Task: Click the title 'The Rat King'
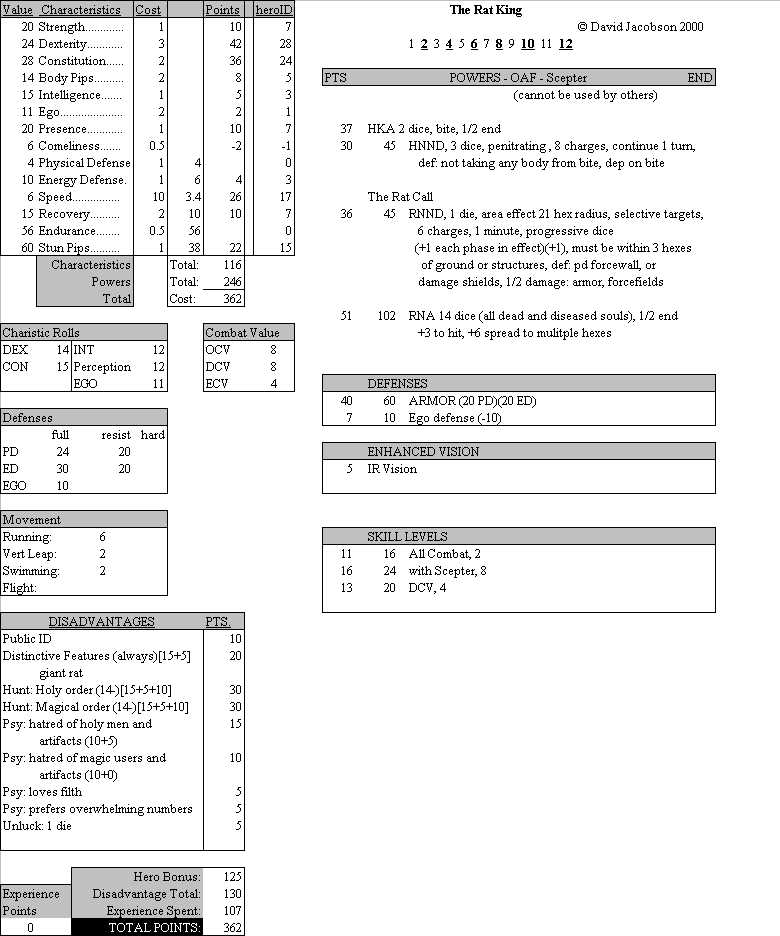(485, 10)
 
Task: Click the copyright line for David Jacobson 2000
(640, 27)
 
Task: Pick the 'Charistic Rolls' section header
(41, 333)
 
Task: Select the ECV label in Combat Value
(217, 384)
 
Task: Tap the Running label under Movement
(27, 537)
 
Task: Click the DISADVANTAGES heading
(101, 622)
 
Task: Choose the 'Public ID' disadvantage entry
(27, 639)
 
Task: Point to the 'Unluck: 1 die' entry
(37, 826)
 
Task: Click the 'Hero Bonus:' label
(167, 877)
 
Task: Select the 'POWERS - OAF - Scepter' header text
(518, 78)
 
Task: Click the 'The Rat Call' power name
(401, 197)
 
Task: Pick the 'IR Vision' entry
(392, 469)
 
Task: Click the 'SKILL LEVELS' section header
(407, 537)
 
